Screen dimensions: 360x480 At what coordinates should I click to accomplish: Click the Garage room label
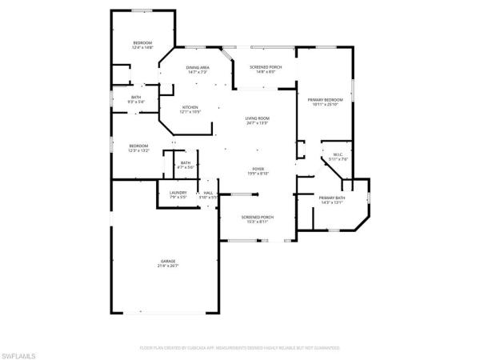tap(168, 262)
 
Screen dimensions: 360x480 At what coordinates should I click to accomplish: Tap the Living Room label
tap(257, 119)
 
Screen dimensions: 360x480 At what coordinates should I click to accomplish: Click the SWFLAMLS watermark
tap(22, 353)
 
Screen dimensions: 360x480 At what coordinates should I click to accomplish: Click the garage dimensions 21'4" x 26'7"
tap(168, 266)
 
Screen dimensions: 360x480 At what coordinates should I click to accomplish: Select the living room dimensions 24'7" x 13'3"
tap(257, 123)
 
